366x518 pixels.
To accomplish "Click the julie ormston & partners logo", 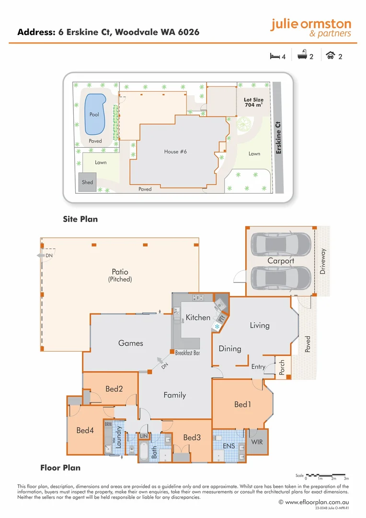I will pos(310,28).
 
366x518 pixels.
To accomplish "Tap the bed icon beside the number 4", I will pos(274,56).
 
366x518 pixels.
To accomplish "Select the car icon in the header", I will pos(331,56).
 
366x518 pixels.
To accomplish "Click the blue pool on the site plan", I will pos(95,114).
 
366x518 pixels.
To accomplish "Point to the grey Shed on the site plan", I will pos(87,182).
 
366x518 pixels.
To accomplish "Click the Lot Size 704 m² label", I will pos(253,102).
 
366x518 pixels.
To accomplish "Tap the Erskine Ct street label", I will pos(278,138).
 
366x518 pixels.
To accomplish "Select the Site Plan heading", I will pos(80,219).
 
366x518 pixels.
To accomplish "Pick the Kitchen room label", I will pos(198,318).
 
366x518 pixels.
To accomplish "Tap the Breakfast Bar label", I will pos(187,353).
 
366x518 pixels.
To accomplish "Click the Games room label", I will pos(131,343).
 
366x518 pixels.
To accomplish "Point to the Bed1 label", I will pos(243,404).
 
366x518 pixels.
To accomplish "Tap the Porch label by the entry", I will pos(282,367).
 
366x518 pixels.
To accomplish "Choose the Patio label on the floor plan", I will pos(120,272).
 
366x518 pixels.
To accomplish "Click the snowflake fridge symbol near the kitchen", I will pos(217,326).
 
